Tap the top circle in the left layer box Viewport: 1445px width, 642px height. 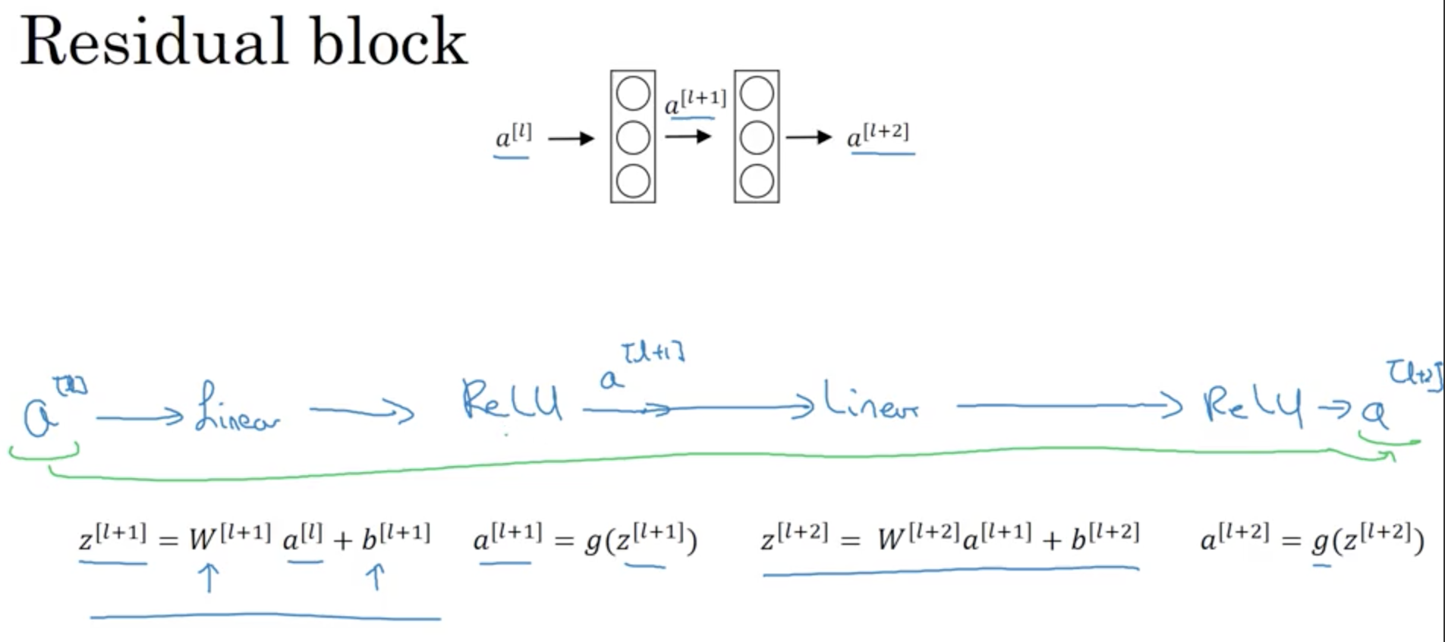(x=633, y=94)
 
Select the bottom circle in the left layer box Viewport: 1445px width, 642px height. (x=633, y=181)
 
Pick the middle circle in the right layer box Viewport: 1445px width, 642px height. (x=757, y=138)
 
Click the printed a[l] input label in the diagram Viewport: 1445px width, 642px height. (x=513, y=137)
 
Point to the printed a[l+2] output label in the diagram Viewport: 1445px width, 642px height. (x=878, y=135)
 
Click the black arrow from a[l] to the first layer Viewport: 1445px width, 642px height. (x=571, y=139)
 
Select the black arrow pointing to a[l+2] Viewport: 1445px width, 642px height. (x=809, y=137)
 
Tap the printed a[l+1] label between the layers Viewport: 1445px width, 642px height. (x=695, y=102)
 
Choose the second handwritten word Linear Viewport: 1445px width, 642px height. (x=871, y=402)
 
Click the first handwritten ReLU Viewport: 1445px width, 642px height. (x=512, y=401)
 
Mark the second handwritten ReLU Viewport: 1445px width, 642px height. (x=1252, y=404)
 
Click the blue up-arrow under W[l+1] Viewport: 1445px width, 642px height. (x=209, y=577)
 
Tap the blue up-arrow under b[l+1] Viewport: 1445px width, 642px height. (x=375, y=577)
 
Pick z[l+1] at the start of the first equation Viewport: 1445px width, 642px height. (x=112, y=537)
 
